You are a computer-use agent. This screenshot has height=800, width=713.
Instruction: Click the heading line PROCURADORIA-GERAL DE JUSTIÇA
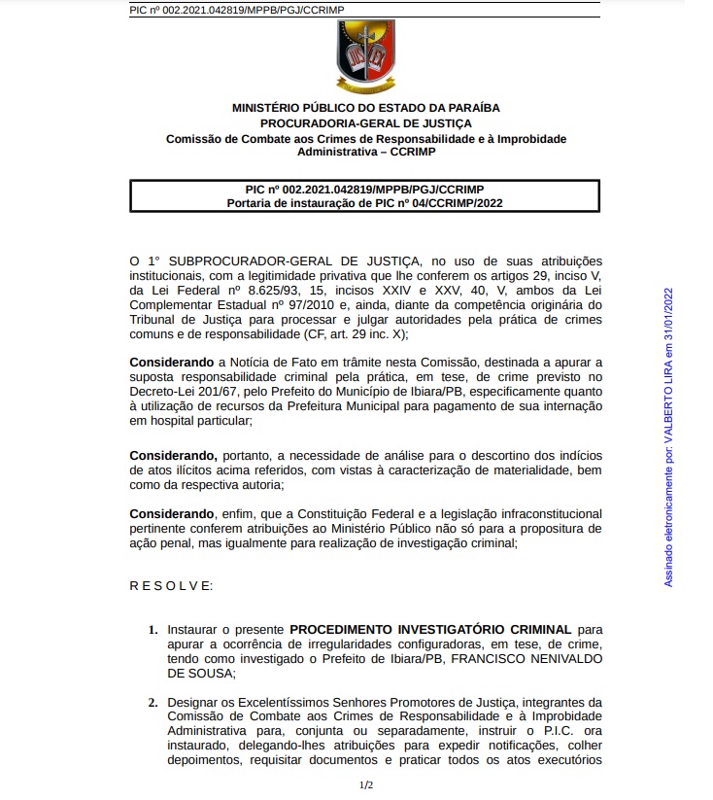pyautogui.click(x=365, y=123)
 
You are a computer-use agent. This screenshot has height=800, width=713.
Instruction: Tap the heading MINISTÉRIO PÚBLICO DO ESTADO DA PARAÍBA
pyautogui.click(x=365, y=108)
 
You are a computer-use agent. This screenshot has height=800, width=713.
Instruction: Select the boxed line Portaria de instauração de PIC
pyautogui.click(x=365, y=203)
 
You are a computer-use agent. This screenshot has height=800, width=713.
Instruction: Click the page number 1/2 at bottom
pyautogui.click(x=365, y=783)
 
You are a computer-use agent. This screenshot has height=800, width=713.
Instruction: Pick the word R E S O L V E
pyautogui.click(x=170, y=585)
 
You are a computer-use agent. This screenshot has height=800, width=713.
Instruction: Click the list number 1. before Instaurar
pyautogui.click(x=153, y=630)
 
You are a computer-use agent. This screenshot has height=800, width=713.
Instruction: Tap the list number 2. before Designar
pyautogui.click(x=153, y=701)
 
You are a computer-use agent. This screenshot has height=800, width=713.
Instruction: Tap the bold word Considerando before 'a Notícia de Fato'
pyautogui.click(x=170, y=362)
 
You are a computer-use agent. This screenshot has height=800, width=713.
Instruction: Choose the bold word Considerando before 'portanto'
pyautogui.click(x=171, y=455)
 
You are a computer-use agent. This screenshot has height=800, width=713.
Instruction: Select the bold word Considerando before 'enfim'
pyautogui.click(x=170, y=512)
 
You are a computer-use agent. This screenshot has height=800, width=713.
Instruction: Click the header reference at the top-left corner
pyautogui.click(x=236, y=10)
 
